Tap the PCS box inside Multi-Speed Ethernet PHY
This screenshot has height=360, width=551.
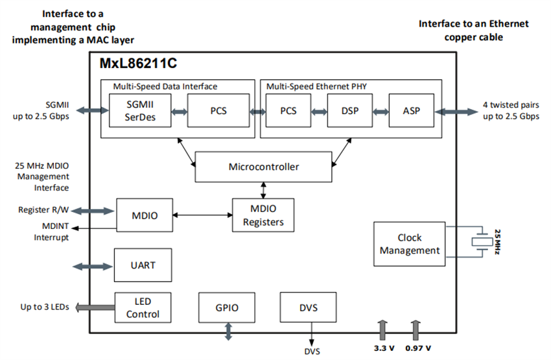288,110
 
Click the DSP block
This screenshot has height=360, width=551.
351,110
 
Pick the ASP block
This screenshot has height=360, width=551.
411,110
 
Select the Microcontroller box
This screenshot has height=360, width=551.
264,167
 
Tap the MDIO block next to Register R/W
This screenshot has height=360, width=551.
144,215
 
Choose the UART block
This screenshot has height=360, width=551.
143,265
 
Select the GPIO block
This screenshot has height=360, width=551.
228,308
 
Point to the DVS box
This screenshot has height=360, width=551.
309,307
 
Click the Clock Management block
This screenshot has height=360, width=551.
409,244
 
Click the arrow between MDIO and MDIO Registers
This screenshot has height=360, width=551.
202,215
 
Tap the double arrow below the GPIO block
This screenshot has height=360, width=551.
228,332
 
